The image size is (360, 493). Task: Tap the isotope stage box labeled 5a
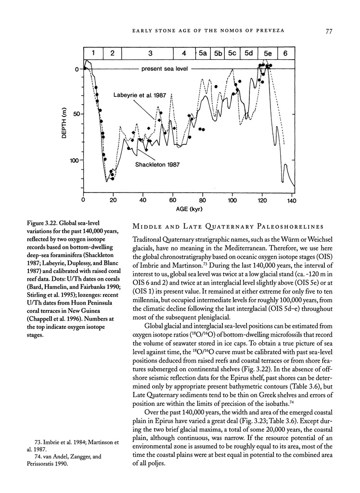[x=203, y=53]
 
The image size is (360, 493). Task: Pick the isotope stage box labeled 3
[x=151, y=53]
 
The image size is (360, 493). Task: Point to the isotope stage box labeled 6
[x=285, y=53]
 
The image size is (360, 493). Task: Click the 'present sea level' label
[x=164, y=69]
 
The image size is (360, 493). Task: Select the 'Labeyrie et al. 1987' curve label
[x=140, y=95]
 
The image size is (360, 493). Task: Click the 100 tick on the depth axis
[x=73, y=160]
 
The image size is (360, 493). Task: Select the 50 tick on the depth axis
[x=75, y=115]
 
